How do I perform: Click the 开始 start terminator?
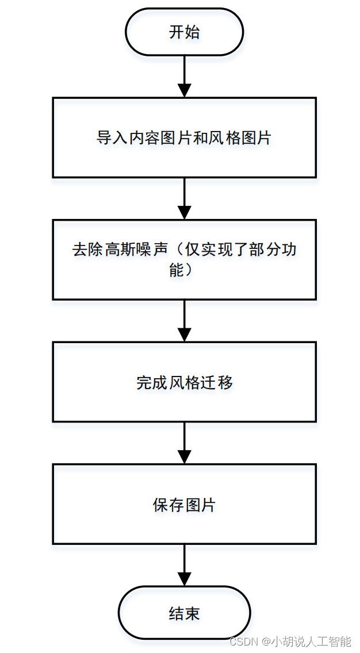pyautogui.click(x=184, y=32)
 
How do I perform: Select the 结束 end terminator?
pyautogui.click(x=184, y=613)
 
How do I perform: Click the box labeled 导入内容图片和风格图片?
pyautogui.click(x=184, y=137)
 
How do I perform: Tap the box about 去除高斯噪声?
pyautogui.click(x=184, y=259)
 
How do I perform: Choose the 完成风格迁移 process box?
pyautogui.click(x=184, y=382)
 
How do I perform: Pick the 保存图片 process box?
pyautogui.click(x=184, y=504)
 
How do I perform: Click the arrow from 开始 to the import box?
pyautogui.click(x=184, y=76)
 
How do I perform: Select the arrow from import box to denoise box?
pyautogui.click(x=184, y=198)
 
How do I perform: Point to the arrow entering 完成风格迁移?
pyautogui.click(x=184, y=321)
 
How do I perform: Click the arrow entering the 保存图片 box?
pyautogui.click(x=184, y=443)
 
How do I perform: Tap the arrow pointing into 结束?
pyautogui.click(x=184, y=565)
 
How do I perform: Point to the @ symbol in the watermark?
pyautogui.click(x=266, y=641)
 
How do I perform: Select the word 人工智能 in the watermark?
pyautogui.click(x=330, y=641)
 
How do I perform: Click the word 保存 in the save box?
pyautogui.click(x=168, y=505)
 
